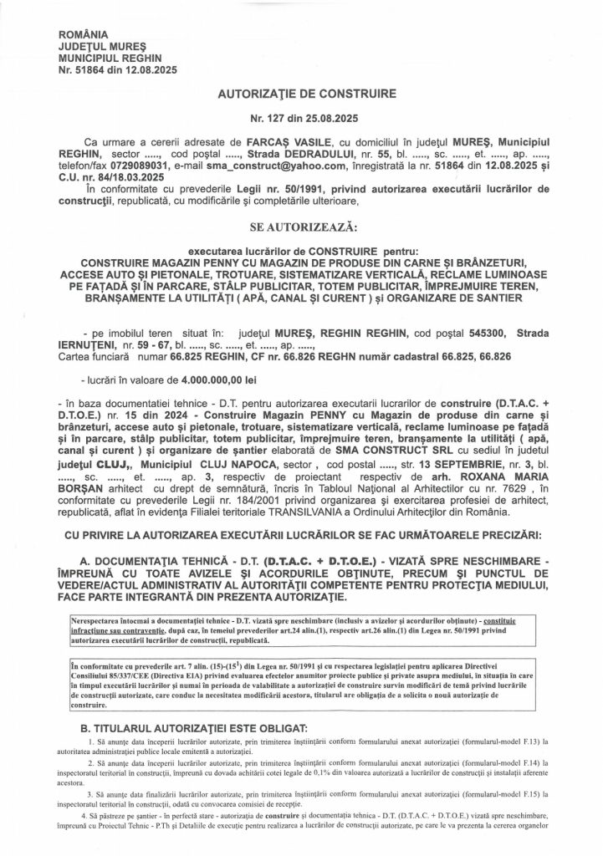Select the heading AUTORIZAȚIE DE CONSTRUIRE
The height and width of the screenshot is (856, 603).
click(x=300, y=97)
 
